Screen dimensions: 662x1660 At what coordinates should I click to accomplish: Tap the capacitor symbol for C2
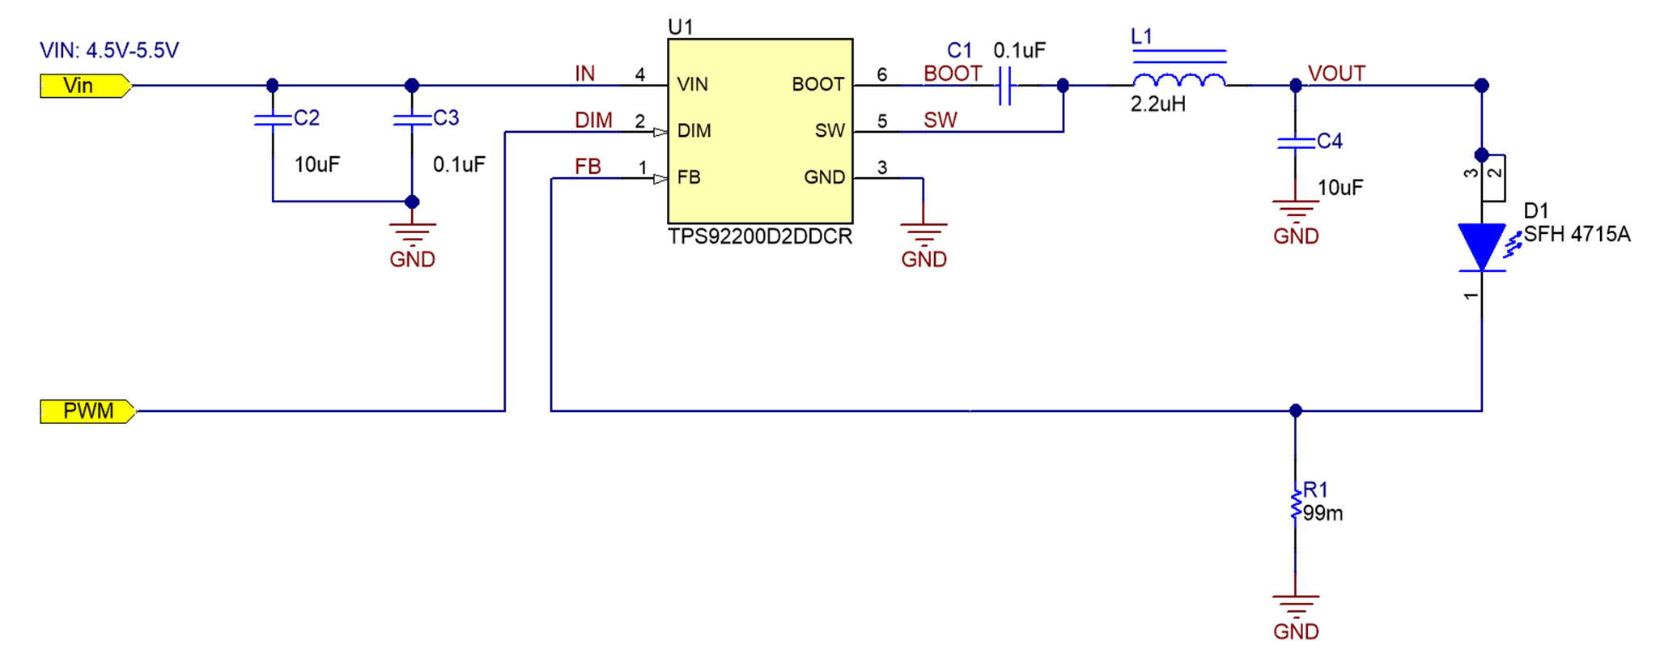pos(273,121)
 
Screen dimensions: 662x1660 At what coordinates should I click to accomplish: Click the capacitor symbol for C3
pos(412,121)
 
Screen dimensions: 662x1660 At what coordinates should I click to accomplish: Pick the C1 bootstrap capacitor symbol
pos(1004,86)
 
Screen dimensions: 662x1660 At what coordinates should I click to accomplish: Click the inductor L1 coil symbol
pos(1178,79)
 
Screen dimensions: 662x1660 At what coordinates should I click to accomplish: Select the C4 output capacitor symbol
pos(1295,143)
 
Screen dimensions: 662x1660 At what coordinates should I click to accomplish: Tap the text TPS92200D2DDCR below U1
pos(759,237)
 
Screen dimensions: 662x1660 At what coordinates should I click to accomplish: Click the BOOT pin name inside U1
pos(817,85)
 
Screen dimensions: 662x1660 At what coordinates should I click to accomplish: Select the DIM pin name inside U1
pos(694,131)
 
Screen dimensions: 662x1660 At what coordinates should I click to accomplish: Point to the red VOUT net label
pos(1336,74)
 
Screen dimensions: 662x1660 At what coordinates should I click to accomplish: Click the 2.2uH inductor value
pos(1157,104)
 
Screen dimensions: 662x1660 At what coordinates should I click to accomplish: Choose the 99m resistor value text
pos(1322,514)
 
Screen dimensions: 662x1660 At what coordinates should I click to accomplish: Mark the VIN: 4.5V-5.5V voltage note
pos(109,50)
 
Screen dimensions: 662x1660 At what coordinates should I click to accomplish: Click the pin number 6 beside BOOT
pos(881,75)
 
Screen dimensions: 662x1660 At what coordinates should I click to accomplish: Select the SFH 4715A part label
pos(1577,235)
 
